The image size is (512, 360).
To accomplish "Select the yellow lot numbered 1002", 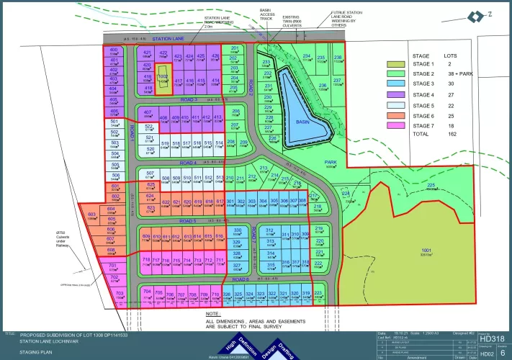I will [163, 78].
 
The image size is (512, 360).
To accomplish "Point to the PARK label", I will [331, 163].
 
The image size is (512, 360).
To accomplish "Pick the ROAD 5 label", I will [188, 220].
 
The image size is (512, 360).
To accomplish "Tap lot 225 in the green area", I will [431, 186].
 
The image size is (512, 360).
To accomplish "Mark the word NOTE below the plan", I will [212, 314].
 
